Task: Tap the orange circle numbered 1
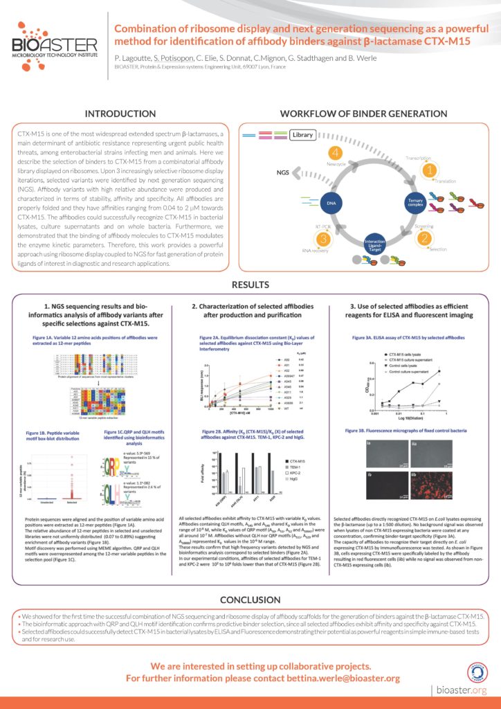pos(430,168)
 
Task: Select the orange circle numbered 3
pos(322,239)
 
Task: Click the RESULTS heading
pos(250,284)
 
